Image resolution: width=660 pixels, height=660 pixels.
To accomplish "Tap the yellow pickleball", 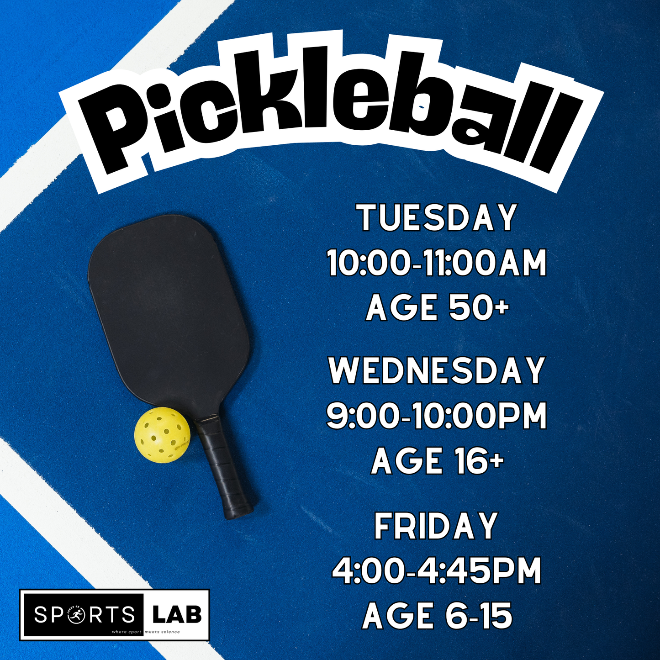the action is click(162, 436).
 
